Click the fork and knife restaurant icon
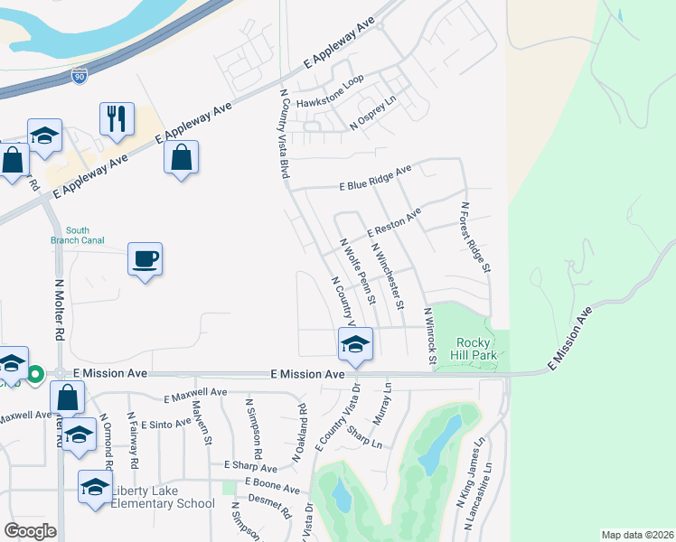point(117,117)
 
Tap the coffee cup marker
point(145,259)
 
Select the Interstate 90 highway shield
point(80,77)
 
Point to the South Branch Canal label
point(78,235)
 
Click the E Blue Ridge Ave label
point(375,178)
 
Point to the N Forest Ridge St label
point(475,237)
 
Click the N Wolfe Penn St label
point(357,272)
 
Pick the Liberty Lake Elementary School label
point(163,497)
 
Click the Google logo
point(30,531)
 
